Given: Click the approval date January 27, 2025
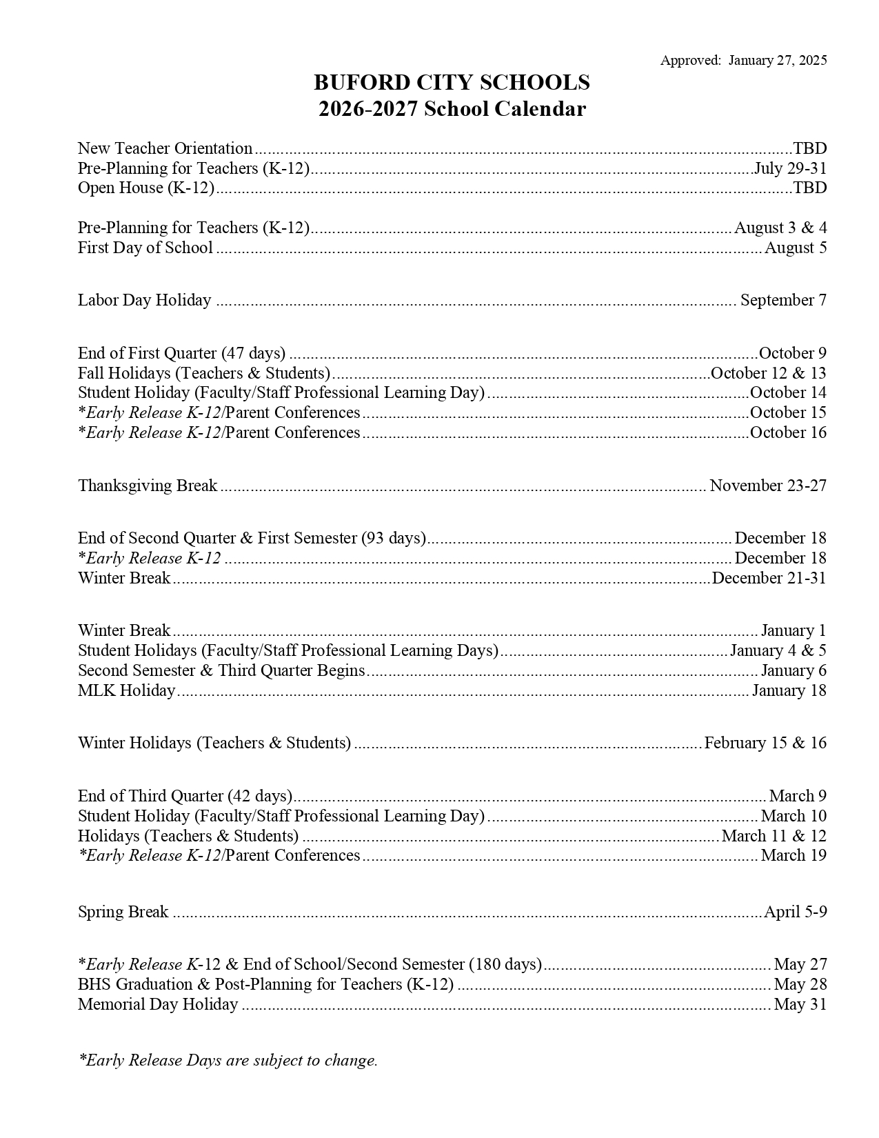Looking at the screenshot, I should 777,61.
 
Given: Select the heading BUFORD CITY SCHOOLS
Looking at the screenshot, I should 452,83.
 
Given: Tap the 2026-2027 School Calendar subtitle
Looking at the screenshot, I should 452,109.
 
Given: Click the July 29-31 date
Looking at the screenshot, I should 790,168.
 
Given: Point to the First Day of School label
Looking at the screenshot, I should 145,248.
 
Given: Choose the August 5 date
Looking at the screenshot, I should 796,248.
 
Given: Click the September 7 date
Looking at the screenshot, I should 783,300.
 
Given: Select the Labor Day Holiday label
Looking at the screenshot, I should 144,300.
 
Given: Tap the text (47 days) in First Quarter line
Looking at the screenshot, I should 253,353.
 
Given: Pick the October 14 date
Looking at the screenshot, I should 788,392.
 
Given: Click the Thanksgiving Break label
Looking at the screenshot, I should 148,486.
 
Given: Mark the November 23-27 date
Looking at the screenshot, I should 768,486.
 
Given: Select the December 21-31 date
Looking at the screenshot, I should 769,578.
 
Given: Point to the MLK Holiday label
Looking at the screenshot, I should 126,690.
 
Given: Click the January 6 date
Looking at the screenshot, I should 794,670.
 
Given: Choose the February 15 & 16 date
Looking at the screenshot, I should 765,743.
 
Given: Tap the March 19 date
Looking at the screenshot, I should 794,855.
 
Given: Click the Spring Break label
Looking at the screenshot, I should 123,912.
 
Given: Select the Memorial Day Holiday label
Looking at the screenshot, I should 158,1004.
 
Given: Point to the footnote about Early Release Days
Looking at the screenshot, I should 228,1060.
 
